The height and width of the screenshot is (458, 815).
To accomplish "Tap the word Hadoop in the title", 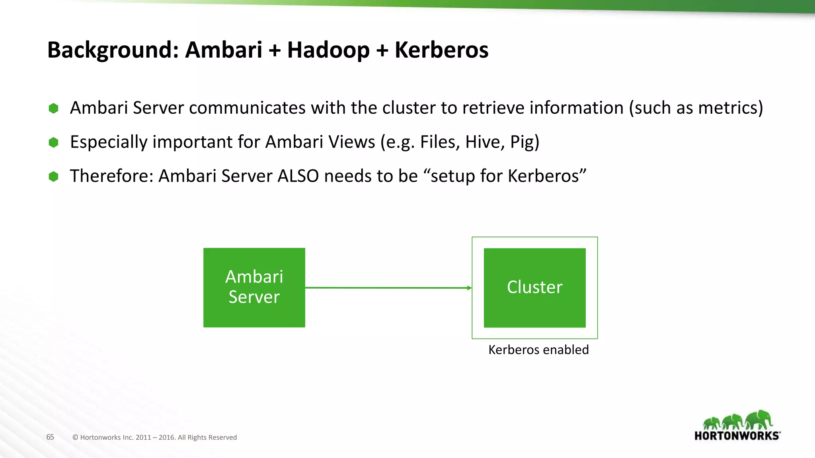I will [x=328, y=50].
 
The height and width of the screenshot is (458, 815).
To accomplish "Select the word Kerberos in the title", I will [x=441, y=50].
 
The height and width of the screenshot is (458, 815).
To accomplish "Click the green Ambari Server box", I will [x=254, y=287].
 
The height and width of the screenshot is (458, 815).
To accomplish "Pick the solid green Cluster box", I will [x=534, y=287].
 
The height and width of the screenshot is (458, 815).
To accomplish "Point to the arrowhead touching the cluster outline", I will [x=470, y=288].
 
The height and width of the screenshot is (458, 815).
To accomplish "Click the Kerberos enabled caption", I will [x=538, y=349].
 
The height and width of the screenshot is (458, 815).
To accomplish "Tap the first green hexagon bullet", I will [x=53, y=108].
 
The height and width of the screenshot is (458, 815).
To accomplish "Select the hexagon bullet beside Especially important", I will [x=53, y=142].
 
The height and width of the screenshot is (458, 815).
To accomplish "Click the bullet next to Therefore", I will [x=53, y=177].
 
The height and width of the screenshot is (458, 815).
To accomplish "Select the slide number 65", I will [x=50, y=437].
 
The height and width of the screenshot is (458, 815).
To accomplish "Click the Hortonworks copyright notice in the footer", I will [x=154, y=437].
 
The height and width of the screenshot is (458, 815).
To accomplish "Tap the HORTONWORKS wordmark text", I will [x=736, y=436].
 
